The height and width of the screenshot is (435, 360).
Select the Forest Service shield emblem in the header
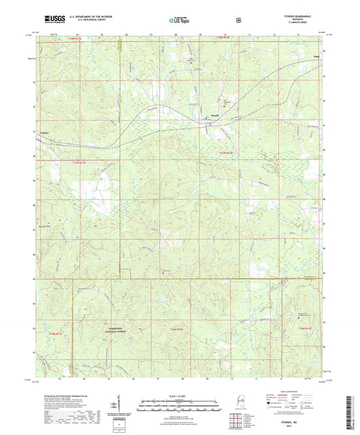[238, 20]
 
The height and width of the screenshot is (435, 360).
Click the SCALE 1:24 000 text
[180, 395]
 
